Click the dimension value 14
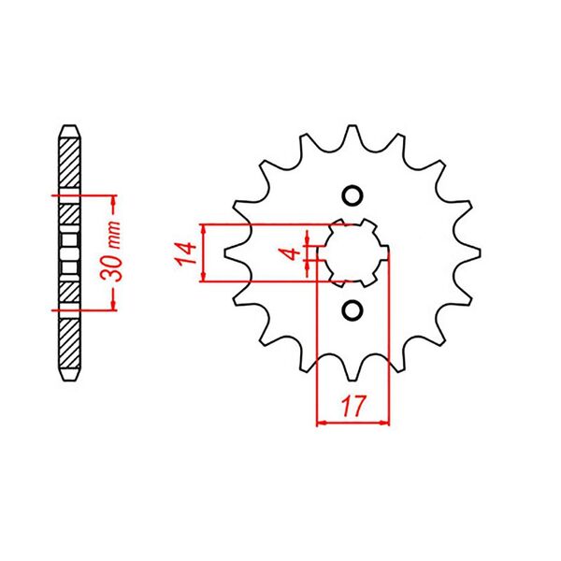coord(185,253)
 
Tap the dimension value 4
coord(291,253)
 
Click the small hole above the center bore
coord(352,194)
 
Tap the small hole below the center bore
coord(352,309)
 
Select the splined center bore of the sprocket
coord(352,252)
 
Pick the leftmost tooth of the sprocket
coord(227,252)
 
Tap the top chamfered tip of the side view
coord(70,128)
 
